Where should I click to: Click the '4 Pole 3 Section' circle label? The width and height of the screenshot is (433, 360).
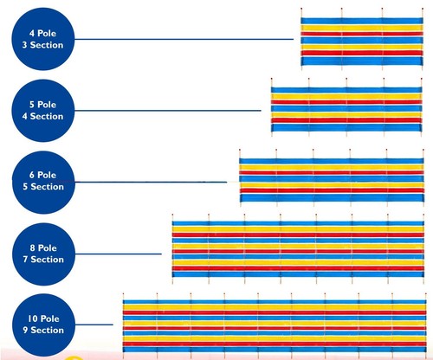coord(43,39)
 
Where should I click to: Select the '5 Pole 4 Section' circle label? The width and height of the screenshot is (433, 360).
coord(43,111)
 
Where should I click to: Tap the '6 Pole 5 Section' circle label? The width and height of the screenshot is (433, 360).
coord(43,182)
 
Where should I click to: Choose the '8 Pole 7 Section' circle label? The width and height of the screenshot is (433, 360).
coord(43,254)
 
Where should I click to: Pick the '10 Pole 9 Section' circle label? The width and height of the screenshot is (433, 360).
coord(43,325)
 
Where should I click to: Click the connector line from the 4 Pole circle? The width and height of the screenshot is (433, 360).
coord(184,39)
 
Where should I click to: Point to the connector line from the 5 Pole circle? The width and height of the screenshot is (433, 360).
coord(168,111)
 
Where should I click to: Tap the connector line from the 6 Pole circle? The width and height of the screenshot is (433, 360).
coord(151,182)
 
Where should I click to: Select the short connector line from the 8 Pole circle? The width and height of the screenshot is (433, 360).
coord(119,254)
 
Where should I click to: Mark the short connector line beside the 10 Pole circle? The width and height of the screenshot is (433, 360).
coord(94,325)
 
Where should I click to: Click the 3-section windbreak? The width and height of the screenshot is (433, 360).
coord(362,39)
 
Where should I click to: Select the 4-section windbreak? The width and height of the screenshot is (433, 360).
coord(346,106)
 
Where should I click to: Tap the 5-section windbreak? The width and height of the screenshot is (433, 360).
coord(332,177)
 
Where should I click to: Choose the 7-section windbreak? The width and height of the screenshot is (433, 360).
coord(298,249)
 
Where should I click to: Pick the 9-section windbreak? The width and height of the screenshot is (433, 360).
coord(275,326)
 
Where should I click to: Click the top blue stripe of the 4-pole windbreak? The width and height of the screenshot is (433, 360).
coord(362,21)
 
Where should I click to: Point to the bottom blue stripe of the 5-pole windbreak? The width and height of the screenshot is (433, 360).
coord(346,127)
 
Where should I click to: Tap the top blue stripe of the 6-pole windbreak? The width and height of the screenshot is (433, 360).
coord(332,161)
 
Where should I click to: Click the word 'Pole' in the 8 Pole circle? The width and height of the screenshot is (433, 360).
coord(48,248)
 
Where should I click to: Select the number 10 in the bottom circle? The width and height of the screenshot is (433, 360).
coord(33,318)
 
